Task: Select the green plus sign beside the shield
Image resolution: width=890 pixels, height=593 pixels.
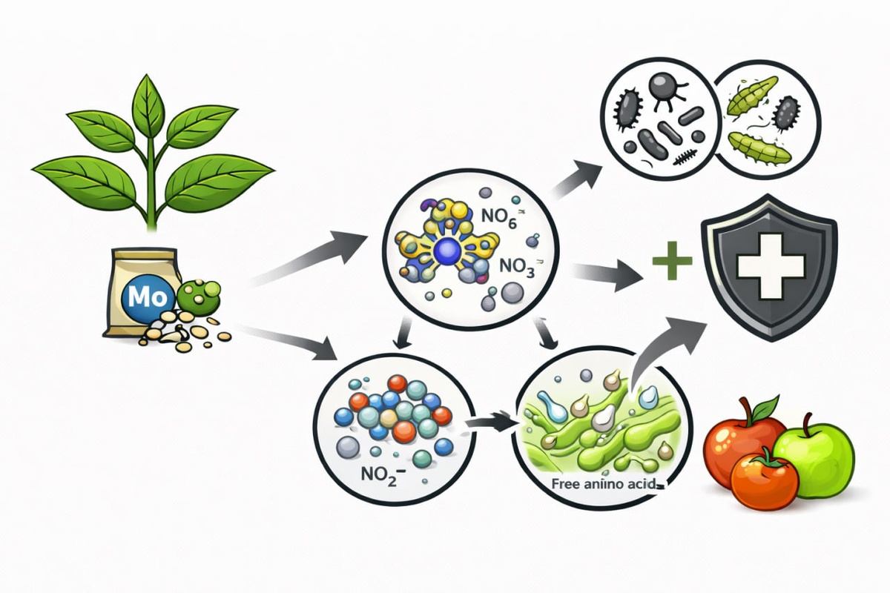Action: (673, 260)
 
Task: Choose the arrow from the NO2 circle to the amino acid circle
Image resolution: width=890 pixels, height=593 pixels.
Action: (490, 425)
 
